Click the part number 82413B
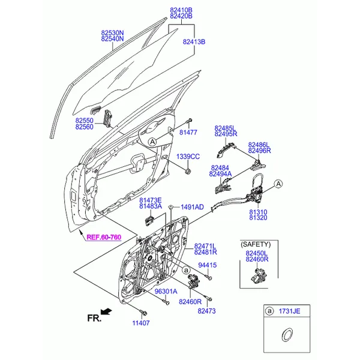click(194, 42)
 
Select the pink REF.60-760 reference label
click(104, 237)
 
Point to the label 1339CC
click(187, 157)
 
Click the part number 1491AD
click(192, 207)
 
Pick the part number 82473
click(206, 311)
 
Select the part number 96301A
click(167, 292)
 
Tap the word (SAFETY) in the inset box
click(256, 245)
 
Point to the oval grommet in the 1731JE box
click(287, 334)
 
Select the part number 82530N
click(112, 33)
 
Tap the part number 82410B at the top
click(181, 10)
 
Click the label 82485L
click(226, 128)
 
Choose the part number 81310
click(259, 212)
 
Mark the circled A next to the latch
click(279, 184)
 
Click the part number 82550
click(85, 121)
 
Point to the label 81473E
click(151, 200)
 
